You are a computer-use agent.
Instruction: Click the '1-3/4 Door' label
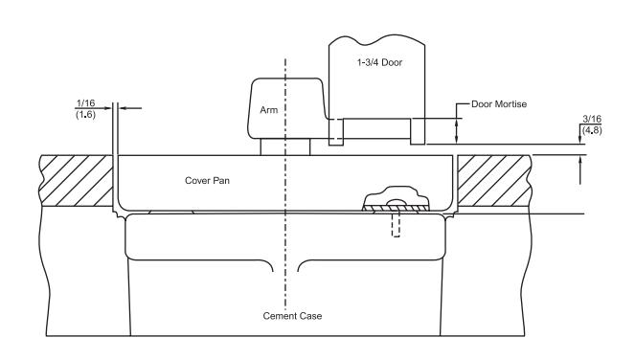379,62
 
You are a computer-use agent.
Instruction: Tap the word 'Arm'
269,110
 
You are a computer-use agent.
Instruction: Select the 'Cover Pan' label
207,180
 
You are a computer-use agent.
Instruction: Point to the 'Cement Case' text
292,316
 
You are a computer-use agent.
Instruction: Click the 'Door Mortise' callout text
499,104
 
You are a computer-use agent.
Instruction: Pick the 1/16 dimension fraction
85,102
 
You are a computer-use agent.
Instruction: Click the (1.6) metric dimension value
85,114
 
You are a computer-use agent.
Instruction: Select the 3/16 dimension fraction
592,119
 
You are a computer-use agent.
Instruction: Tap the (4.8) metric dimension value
592,130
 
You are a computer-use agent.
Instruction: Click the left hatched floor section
76,181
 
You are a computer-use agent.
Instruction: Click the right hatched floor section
494,181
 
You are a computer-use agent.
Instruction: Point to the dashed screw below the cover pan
397,225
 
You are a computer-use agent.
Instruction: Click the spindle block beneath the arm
285,146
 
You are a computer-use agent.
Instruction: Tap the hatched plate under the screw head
396,208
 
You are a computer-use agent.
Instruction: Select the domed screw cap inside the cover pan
397,196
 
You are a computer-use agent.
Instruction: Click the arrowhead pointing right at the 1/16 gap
107,108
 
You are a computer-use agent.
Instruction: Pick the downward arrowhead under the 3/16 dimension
579,139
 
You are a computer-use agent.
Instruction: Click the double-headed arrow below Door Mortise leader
457,131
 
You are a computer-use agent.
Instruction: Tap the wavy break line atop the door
376,40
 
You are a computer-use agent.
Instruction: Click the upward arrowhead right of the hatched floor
580,161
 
